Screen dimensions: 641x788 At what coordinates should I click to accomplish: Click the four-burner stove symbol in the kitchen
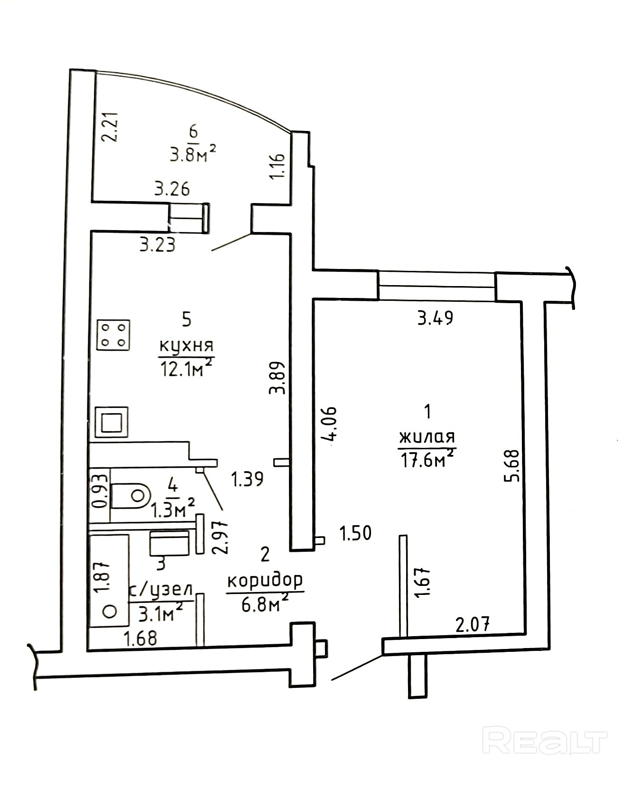point(113,335)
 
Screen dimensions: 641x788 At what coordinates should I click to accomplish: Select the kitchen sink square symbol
point(111,422)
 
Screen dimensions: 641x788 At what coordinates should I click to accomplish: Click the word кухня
point(186,345)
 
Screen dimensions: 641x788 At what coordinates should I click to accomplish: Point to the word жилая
point(427,436)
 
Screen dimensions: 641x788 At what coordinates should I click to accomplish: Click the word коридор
point(265,580)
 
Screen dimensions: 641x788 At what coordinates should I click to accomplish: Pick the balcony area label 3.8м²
point(193,154)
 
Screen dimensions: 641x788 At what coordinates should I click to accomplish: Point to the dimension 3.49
point(435,317)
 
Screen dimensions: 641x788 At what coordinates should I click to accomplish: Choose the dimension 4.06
point(329,423)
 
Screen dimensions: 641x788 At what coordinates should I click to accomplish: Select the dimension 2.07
point(472,624)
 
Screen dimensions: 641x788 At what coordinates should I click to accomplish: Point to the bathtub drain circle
point(110,611)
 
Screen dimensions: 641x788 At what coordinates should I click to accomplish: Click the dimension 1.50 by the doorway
point(355,533)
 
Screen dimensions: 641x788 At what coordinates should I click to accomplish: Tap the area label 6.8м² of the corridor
point(265,604)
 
